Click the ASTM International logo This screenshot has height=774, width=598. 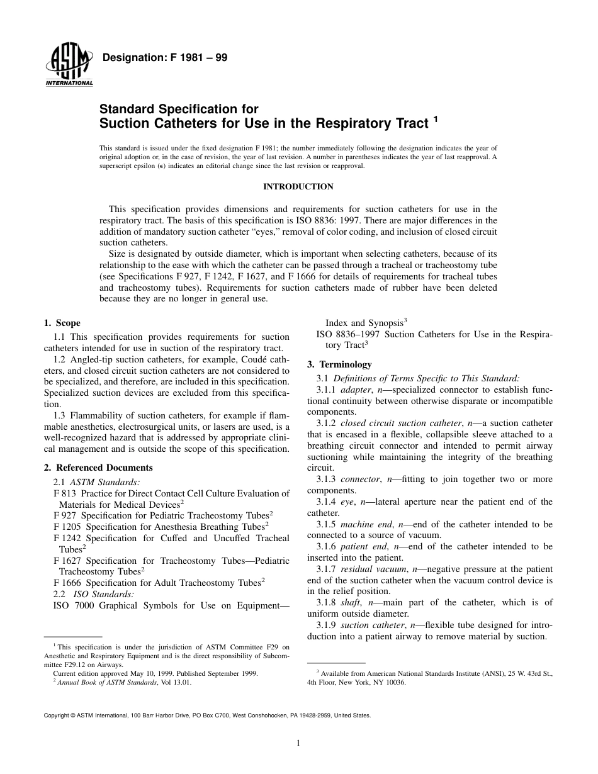69,66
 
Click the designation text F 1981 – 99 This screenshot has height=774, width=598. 164,58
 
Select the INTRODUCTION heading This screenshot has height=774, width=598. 298,186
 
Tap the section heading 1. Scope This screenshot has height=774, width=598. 62,323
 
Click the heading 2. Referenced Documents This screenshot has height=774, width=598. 98,468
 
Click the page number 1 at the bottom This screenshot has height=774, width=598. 298,743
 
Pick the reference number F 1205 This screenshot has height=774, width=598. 68,526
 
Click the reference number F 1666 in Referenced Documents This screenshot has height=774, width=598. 68,583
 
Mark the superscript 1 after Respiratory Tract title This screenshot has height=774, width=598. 434,118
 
